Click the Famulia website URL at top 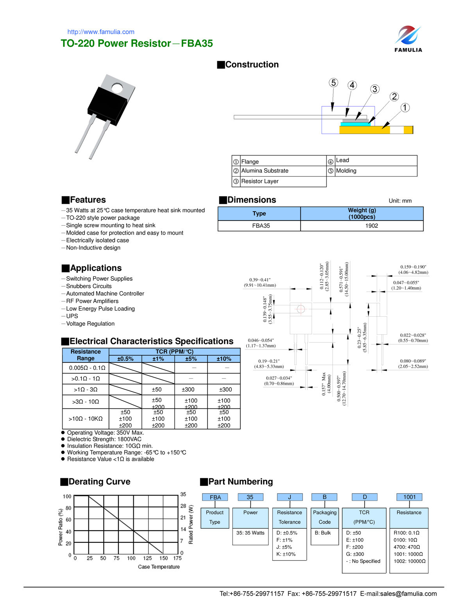(x=101, y=32)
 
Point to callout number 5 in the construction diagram (x=333, y=83)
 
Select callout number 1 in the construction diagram (x=405, y=107)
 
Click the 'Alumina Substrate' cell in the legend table (x=265, y=171)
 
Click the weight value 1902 (x=371, y=226)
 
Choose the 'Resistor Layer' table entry (x=260, y=181)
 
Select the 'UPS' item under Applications (x=72, y=316)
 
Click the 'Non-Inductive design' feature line (x=93, y=248)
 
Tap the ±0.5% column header (x=125, y=359)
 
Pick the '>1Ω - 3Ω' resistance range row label (x=86, y=389)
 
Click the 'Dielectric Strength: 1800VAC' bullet (x=104, y=439)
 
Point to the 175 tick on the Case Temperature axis (x=177, y=558)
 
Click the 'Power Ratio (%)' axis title (x=61, y=527)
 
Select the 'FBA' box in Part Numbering (x=215, y=497)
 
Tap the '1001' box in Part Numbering (x=409, y=497)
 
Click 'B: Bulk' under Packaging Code (x=322, y=533)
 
